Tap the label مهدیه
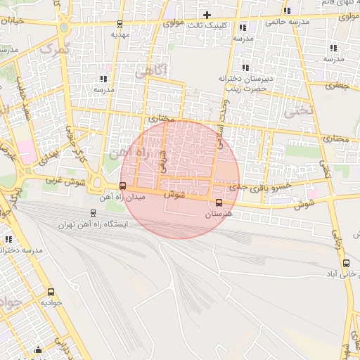pos(121,34)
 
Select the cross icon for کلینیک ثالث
pos(207,15)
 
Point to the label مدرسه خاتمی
pos(287,22)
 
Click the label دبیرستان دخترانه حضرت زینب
pos(243,83)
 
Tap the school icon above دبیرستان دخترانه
pos(243,67)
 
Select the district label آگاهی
pos(149,70)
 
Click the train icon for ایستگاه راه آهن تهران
pos(94,213)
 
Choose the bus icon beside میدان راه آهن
pos(123,186)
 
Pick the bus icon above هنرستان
pos(219,203)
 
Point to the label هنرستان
pos(218,213)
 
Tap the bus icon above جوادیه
pos(51,292)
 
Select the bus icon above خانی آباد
pos(345,264)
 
